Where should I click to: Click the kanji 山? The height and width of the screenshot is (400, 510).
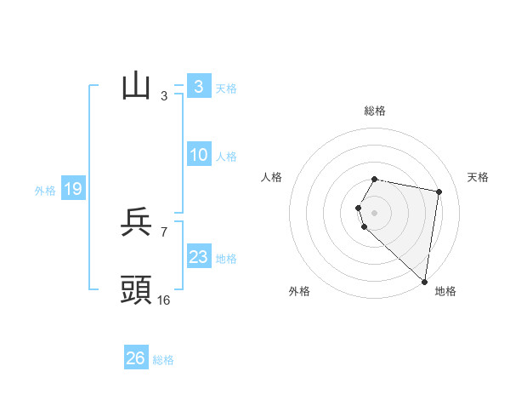(x=137, y=87)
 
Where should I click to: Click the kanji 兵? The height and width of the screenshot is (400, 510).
(x=137, y=222)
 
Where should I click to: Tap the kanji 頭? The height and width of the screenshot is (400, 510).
(x=137, y=290)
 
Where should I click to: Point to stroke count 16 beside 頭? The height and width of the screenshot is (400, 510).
(x=164, y=300)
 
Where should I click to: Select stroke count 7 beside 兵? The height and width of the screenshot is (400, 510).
(x=164, y=231)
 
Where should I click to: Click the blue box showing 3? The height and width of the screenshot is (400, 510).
(x=198, y=87)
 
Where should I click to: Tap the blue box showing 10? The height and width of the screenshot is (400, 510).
(x=198, y=155)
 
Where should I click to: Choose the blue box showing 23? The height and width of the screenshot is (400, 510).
(x=198, y=257)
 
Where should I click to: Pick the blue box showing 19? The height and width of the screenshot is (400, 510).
(x=72, y=189)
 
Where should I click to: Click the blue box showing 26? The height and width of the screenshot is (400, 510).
(x=135, y=358)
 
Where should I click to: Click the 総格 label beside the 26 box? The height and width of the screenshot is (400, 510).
(x=163, y=360)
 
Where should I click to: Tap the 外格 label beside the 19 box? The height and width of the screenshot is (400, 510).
(x=45, y=191)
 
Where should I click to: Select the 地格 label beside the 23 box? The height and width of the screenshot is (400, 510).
(x=226, y=259)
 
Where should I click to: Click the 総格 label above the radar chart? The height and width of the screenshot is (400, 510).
(x=375, y=111)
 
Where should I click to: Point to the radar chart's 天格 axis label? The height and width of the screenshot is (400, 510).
(x=478, y=177)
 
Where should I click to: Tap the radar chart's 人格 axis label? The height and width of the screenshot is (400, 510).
(x=272, y=177)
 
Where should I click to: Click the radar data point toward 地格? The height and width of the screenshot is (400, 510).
(x=424, y=281)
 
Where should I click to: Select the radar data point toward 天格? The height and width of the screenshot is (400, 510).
(x=439, y=191)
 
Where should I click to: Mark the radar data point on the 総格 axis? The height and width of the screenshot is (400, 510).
(x=375, y=179)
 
